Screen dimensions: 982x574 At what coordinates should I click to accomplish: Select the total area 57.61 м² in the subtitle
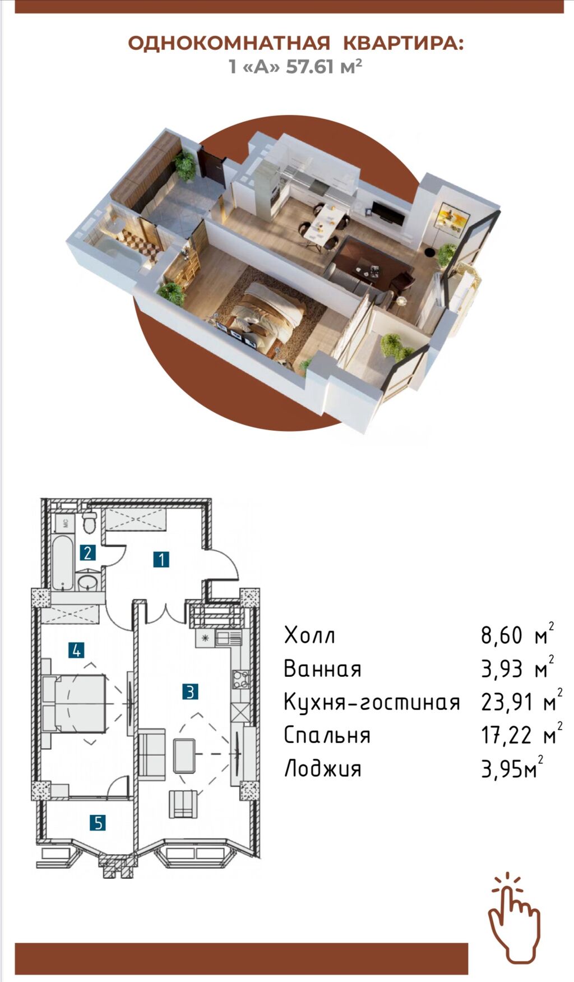[x=323, y=67]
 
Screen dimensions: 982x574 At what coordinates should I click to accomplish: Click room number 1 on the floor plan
[x=161, y=559]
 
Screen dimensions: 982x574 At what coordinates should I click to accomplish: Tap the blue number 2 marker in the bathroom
[x=87, y=553]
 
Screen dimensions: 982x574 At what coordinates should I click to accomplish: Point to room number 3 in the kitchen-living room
[x=190, y=691]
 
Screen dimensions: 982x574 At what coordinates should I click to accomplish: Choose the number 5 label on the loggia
[x=98, y=823]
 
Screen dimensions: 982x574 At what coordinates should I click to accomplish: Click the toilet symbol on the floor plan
[x=89, y=523]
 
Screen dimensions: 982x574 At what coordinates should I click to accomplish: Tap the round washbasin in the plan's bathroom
[x=87, y=583]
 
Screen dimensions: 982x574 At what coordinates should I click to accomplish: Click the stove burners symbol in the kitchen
[x=241, y=679]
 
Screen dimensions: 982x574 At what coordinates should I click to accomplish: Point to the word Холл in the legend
[x=309, y=635]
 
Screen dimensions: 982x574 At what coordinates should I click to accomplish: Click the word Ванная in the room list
[x=322, y=669]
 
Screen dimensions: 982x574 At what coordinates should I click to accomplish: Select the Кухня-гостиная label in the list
[x=372, y=702]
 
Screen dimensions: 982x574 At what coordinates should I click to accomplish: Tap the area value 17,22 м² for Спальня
[x=521, y=735]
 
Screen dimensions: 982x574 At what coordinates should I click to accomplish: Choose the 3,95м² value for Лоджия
[x=512, y=768]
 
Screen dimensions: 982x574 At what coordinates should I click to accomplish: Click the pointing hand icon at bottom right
[x=514, y=918]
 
